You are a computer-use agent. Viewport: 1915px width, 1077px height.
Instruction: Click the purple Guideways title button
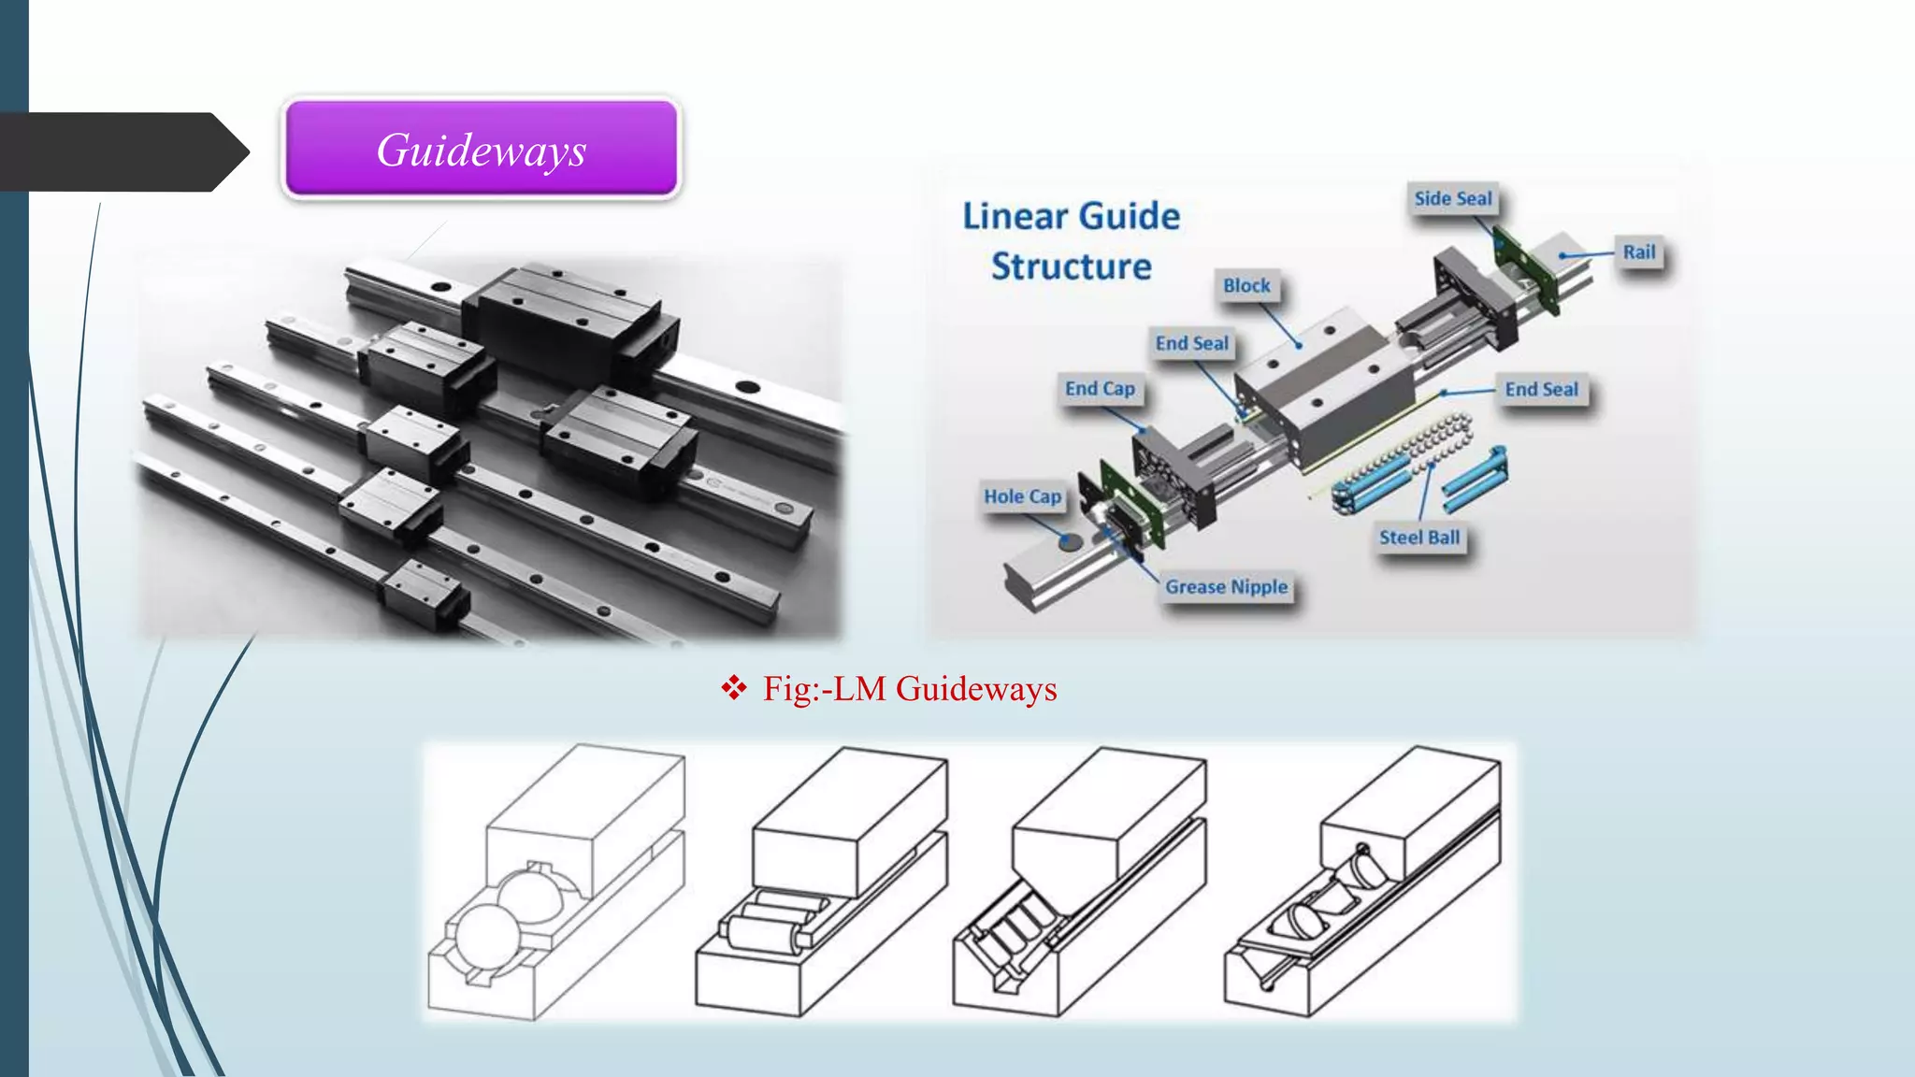482,150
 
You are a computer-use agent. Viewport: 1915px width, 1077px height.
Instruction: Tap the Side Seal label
1452,198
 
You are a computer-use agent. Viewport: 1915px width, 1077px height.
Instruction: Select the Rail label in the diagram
1638,251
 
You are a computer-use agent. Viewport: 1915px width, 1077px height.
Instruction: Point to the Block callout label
1246,286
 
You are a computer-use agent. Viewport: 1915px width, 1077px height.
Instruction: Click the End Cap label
1100,389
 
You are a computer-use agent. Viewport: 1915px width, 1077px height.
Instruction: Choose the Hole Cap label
1022,497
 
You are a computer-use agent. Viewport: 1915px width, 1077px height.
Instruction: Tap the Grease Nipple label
1226,587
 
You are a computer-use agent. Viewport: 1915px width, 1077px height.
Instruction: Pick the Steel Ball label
1418,538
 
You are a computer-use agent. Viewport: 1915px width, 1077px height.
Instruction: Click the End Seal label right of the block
1541,390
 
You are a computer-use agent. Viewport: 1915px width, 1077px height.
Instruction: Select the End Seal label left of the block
1191,344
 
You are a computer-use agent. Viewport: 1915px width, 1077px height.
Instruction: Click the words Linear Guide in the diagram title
1071,217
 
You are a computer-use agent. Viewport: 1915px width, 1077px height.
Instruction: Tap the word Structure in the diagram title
1071,267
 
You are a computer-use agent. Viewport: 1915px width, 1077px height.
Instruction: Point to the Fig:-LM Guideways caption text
909,689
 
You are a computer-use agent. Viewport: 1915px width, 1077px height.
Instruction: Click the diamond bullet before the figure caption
734,688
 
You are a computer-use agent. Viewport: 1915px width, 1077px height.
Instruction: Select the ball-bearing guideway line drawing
555,883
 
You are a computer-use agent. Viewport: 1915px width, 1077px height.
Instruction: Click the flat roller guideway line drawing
821,883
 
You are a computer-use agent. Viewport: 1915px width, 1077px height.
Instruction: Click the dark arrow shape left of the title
122,151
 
